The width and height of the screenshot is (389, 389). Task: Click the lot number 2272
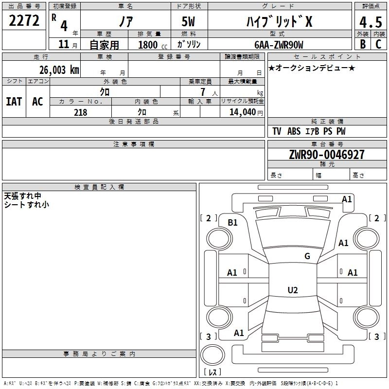tap(24, 20)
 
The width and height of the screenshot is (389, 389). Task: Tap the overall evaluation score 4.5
tap(370, 22)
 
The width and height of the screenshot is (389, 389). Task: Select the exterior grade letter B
tap(362, 44)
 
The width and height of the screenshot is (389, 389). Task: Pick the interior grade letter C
tap(378, 44)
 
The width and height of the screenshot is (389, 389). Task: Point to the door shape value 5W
tap(189, 21)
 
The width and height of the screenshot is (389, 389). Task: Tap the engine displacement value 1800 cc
tap(151, 45)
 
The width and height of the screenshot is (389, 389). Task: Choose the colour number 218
tap(80, 112)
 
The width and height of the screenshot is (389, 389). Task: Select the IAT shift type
tap(14, 101)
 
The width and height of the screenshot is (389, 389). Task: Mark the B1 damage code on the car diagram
tap(232, 223)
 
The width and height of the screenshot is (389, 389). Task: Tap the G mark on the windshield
tap(307, 256)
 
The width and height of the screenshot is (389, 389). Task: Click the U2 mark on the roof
tap(292, 290)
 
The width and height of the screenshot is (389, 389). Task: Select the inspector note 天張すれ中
tap(22, 196)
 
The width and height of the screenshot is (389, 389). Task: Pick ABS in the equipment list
tap(294, 131)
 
